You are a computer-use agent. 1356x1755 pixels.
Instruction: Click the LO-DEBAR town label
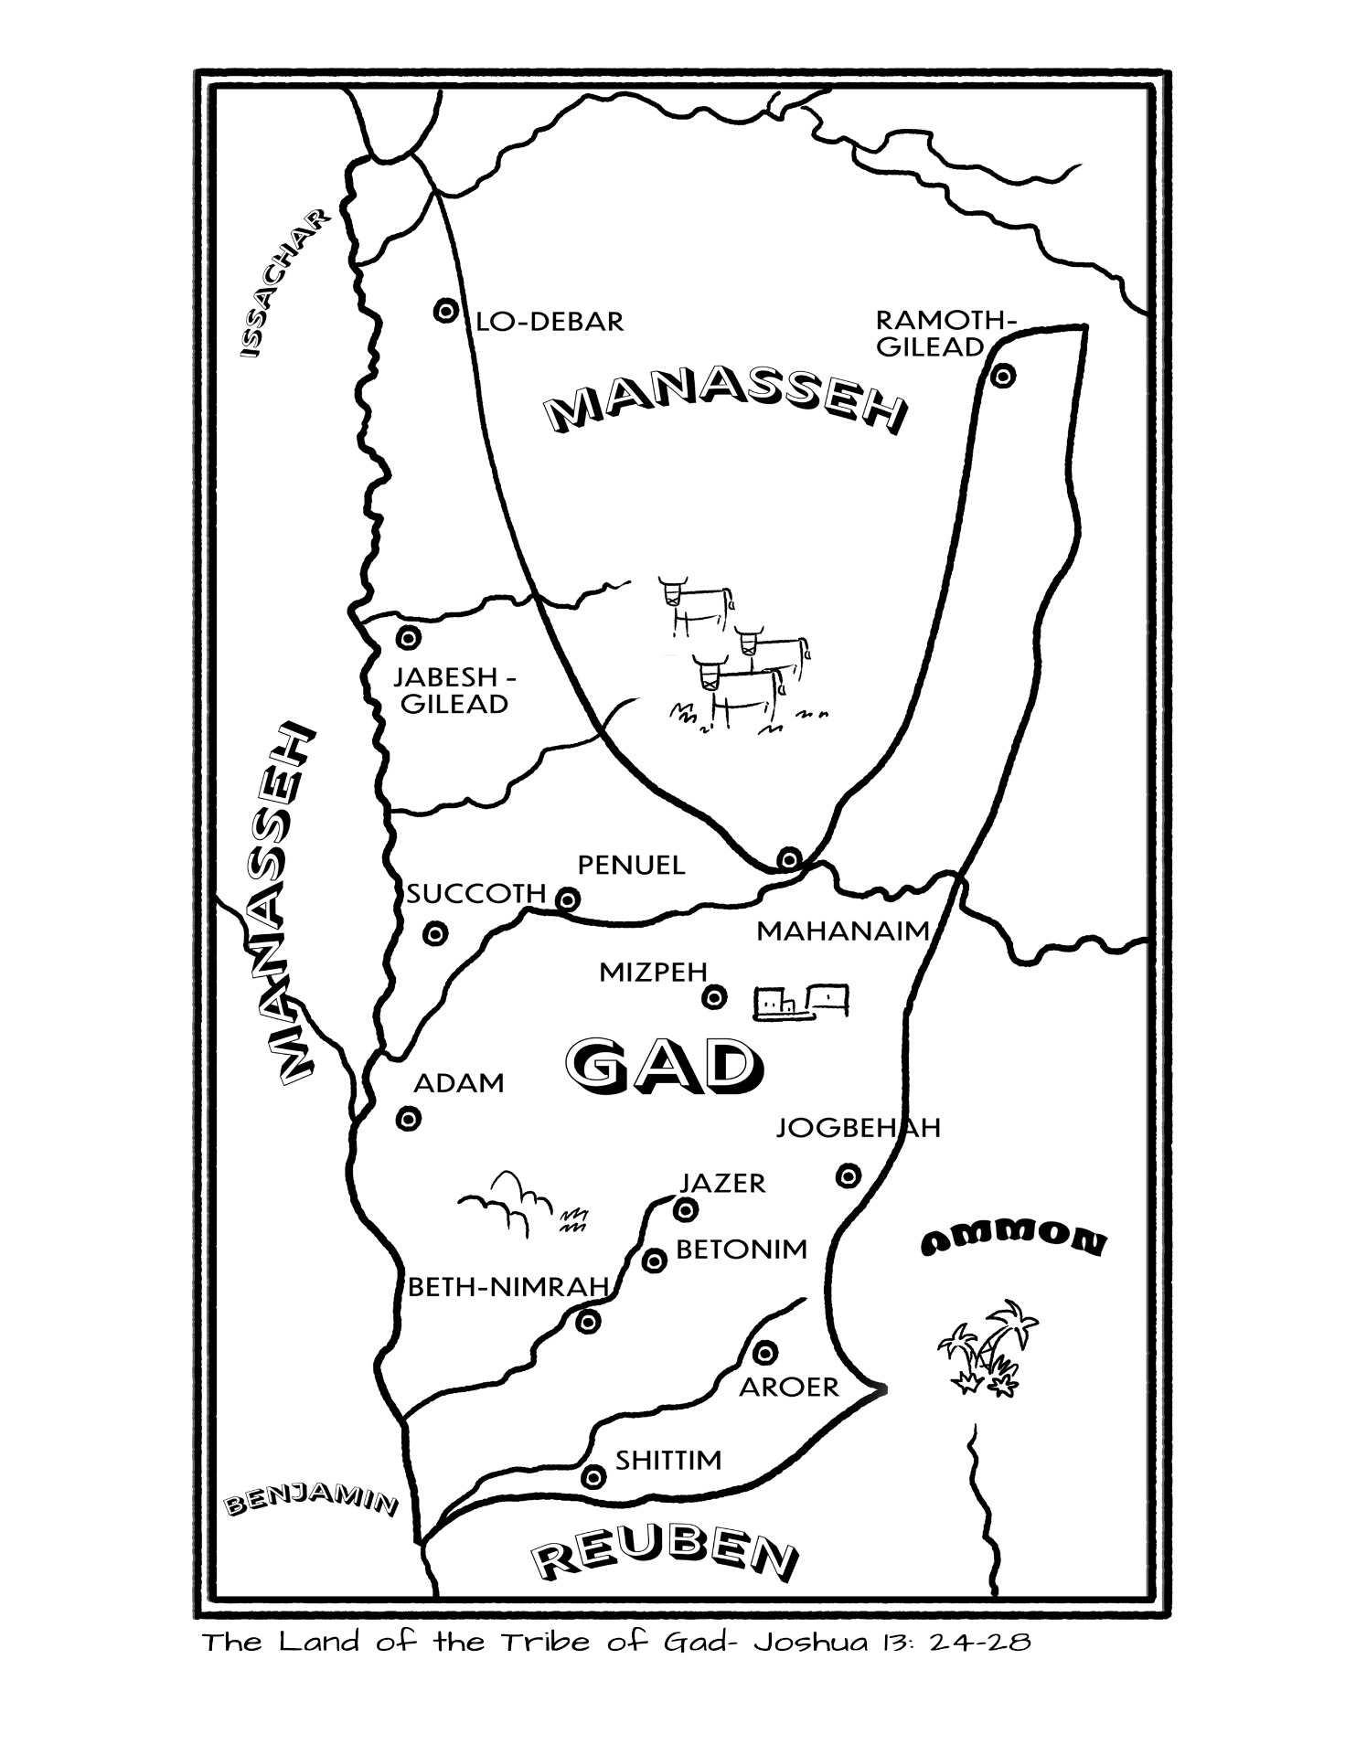pyautogui.click(x=550, y=322)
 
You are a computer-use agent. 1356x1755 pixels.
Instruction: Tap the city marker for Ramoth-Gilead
pyautogui.click(x=1003, y=376)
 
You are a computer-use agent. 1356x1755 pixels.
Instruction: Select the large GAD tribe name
pyautogui.click(x=663, y=1065)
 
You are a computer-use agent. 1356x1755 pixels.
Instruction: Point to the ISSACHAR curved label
pyautogui.click(x=280, y=284)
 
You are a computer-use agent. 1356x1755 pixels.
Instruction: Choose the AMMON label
pyautogui.click(x=1013, y=1241)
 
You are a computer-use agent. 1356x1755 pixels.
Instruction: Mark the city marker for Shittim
pyautogui.click(x=593, y=1476)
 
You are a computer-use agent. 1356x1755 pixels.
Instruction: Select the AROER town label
pyautogui.click(x=788, y=1388)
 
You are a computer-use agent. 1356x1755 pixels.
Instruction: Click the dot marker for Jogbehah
pyautogui.click(x=849, y=1175)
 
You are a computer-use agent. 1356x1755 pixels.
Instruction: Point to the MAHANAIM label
pyautogui.click(x=842, y=931)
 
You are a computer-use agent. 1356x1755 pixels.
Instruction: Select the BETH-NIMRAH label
pyautogui.click(x=507, y=1288)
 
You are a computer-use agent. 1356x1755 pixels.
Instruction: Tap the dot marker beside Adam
pyautogui.click(x=409, y=1119)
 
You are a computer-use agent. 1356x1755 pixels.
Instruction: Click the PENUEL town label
pyautogui.click(x=631, y=865)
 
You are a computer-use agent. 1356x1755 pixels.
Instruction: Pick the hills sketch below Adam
pyautogui.click(x=506, y=1201)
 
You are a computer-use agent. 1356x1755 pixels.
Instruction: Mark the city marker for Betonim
pyautogui.click(x=654, y=1261)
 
